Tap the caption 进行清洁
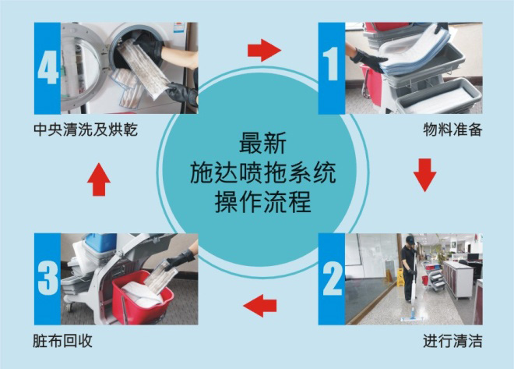click(452, 341)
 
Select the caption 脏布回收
click(59, 341)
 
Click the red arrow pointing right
click(263, 51)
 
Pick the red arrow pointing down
click(424, 175)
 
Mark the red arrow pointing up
click(98, 180)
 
